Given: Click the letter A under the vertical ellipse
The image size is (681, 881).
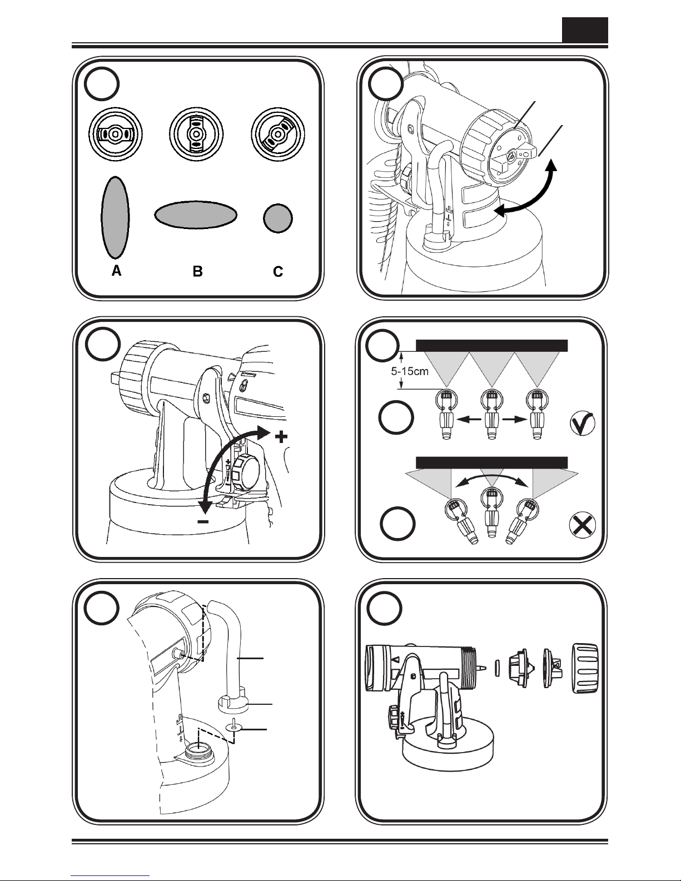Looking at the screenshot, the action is pos(116,271).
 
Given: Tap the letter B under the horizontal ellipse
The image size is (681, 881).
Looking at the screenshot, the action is pos(197,271).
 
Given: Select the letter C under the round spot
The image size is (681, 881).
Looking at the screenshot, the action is pos(277,271).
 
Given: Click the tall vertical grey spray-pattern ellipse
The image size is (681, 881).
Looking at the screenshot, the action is pos(115,217).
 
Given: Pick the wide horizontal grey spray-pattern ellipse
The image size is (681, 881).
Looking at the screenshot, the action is pos(196,215).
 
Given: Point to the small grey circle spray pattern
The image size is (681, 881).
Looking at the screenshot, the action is pos(277,218).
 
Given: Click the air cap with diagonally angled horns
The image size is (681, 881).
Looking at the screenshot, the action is pos(277,134).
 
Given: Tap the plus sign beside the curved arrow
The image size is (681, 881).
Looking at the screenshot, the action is pos(281,437).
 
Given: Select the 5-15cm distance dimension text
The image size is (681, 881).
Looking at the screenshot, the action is pos(409,371).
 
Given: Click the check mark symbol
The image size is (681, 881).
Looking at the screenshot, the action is pos(583,424).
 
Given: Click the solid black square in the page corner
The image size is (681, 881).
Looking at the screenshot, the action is pos(585,30).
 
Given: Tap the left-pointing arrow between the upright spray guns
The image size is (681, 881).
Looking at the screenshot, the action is pos(469,420).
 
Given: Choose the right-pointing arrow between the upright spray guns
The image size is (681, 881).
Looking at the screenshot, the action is pos(514,420).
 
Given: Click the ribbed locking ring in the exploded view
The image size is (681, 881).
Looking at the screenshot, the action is pos(585,668).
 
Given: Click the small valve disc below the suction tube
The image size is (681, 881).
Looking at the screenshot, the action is pos(235,727).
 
